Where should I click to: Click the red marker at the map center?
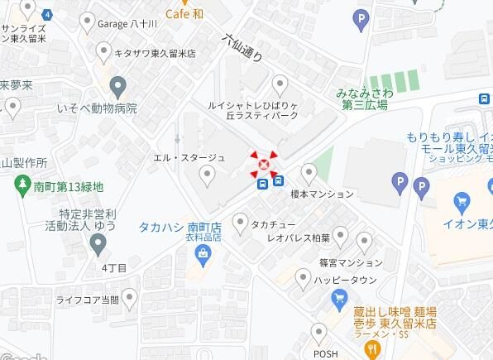(x=264, y=165)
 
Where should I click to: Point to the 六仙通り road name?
(x=242, y=48)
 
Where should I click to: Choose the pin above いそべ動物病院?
(x=117, y=86)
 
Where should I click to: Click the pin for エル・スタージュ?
(x=207, y=174)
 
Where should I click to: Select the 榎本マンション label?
(x=322, y=194)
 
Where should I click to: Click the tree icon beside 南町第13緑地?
(x=23, y=187)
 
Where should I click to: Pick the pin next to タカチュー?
(x=241, y=223)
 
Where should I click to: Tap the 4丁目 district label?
(x=114, y=268)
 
